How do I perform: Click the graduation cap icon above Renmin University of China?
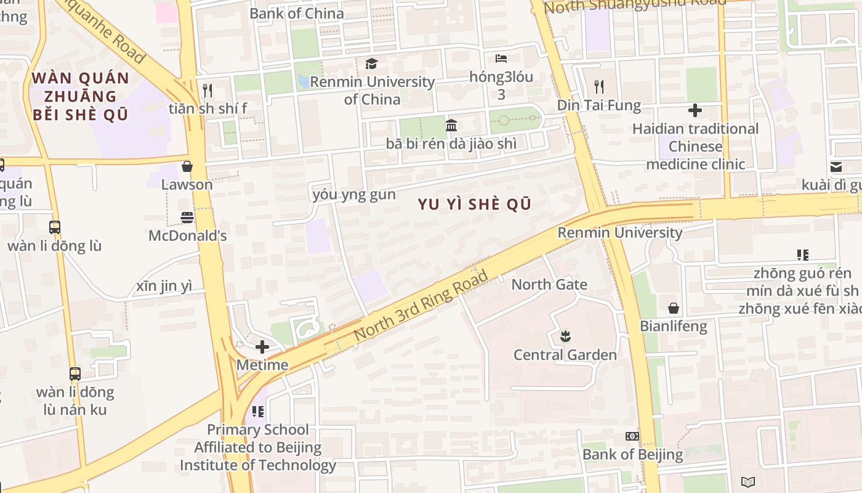coord(371,63)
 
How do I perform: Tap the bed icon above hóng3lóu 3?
coord(501,59)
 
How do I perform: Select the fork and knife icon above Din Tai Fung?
coord(599,86)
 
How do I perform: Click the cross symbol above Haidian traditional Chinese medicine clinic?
coord(695,110)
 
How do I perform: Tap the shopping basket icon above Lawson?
coord(187,166)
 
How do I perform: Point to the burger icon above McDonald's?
coord(187,217)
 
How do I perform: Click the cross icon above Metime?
coord(262,347)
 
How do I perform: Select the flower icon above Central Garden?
coord(565,336)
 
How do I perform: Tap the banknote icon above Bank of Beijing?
coord(632,436)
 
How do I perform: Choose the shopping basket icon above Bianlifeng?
coord(674,308)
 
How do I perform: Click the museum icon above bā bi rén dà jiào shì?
coord(451,126)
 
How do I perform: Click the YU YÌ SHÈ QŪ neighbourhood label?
coord(474,205)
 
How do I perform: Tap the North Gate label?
coord(549,285)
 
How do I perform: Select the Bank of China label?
coord(297,13)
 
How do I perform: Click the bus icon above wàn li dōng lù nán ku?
coord(75,373)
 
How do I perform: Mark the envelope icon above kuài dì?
coord(836,167)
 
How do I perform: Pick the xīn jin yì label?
coord(164,287)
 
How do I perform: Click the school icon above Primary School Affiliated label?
coord(258,411)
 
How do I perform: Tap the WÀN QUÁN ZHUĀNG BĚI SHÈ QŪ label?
coord(80,96)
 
